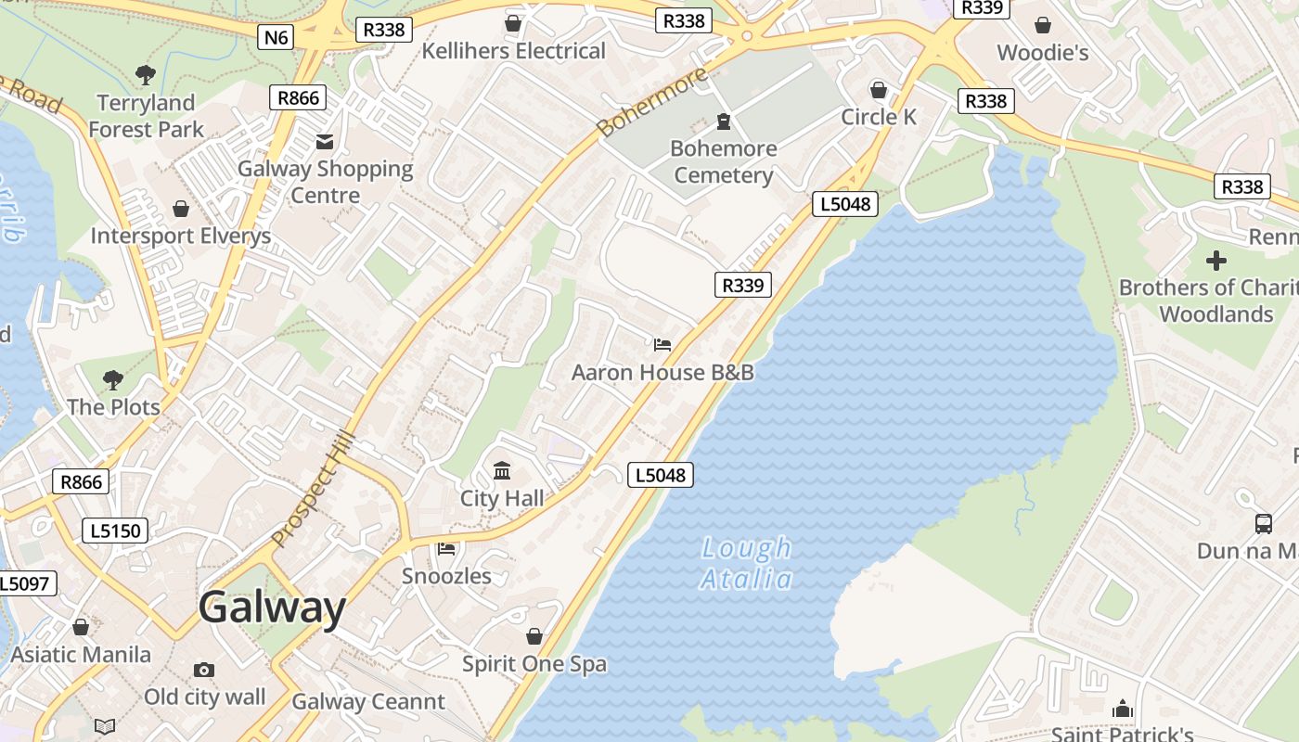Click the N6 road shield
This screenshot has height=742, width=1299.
[276, 37]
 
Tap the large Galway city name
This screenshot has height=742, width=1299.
[272, 608]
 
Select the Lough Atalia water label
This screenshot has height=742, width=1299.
[746, 564]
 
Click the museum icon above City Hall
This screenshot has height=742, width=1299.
[502, 471]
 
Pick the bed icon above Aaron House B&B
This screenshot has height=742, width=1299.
[662, 345]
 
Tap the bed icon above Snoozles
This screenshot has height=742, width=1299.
[446, 549]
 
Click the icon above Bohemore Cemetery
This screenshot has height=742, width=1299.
[724, 121]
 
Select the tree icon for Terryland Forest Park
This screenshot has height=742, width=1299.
[145, 75]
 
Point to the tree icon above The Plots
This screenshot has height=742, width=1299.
[112, 379]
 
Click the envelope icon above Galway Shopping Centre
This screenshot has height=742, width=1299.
[325, 141]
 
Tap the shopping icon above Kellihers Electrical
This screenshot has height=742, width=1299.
[512, 22]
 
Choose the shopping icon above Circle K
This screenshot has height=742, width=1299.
[878, 90]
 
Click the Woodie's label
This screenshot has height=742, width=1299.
[1042, 53]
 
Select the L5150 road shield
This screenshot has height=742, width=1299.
[115, 531]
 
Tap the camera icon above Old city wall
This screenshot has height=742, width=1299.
[204, 670]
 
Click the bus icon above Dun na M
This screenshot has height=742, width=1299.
[1264, 523]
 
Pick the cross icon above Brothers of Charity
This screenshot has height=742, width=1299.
[1215, 261]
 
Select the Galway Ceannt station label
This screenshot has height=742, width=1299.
[368, 701]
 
